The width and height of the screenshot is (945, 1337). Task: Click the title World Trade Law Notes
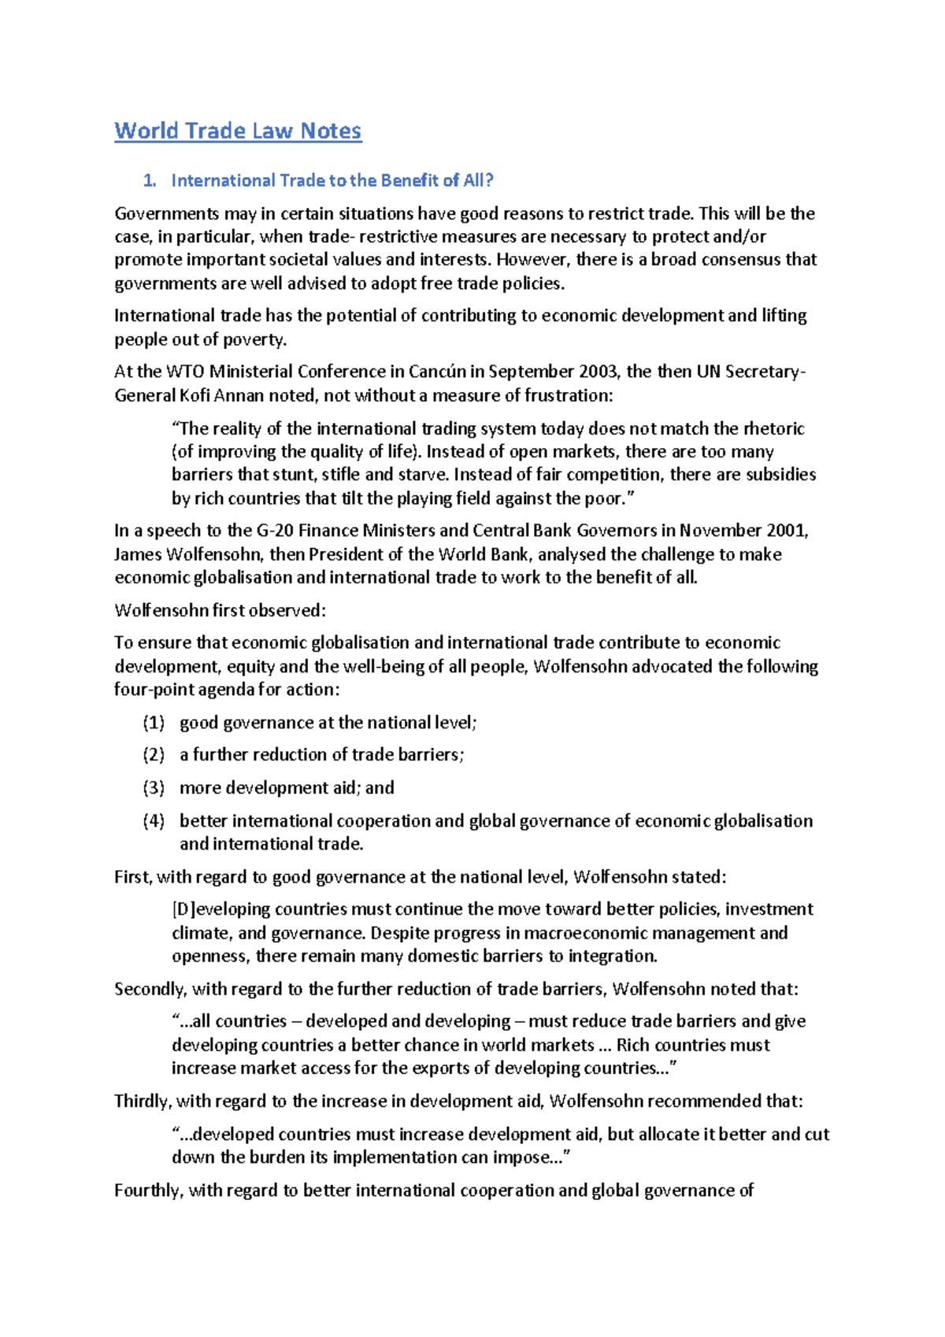[x=238, y=131]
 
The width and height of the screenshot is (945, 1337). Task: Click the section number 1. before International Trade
[x=150, y=180]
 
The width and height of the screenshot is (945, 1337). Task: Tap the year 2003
[x=598, y=371]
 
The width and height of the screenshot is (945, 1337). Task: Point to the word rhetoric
[x=774, y=428]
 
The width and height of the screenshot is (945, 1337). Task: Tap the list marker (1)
[x=154, y=723]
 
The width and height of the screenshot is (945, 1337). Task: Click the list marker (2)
[x=154, y=755]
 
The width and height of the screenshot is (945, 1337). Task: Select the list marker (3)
[x=154, y=788]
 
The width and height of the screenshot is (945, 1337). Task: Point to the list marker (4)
[x=154, y=821]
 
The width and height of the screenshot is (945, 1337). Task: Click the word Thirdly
[x=143, y=1101]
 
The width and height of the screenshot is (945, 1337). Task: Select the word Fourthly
[x=148, y=1191]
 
